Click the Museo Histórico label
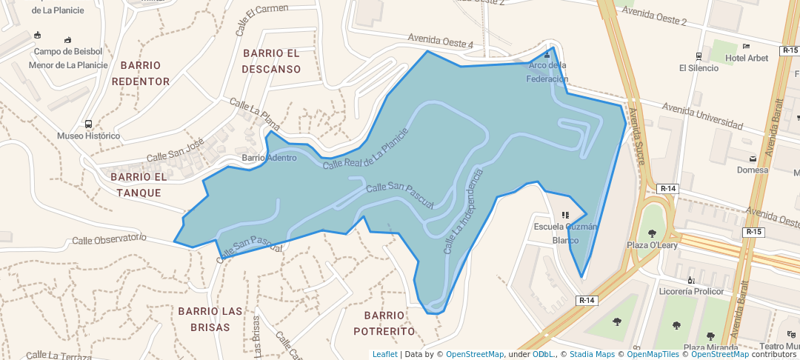(88, 136)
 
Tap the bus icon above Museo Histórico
(88, 124)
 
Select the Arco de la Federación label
(547, 72)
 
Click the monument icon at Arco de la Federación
(547, 54)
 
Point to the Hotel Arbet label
(747, 59)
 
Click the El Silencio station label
(699, 68)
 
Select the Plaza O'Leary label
(653, 245)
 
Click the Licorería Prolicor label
(690, 291)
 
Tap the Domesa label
(753, 170)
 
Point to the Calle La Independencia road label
(462, 212)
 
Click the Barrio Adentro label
(269, 158)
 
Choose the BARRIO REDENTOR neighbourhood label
(141, 73)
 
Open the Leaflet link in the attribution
(384, 354)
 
